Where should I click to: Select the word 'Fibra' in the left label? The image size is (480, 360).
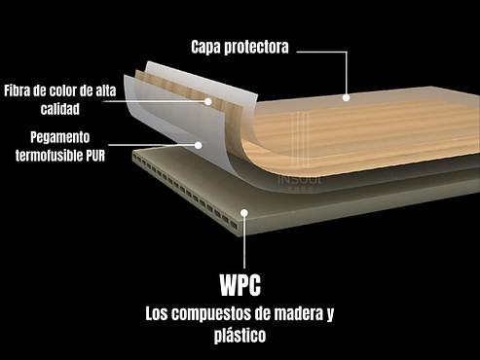[21, 91]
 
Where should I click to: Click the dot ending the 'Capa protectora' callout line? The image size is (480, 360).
[346, 97]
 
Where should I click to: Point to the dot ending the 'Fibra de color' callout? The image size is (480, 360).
[207, 99]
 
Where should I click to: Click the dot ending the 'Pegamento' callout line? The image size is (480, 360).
[199, 145]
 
